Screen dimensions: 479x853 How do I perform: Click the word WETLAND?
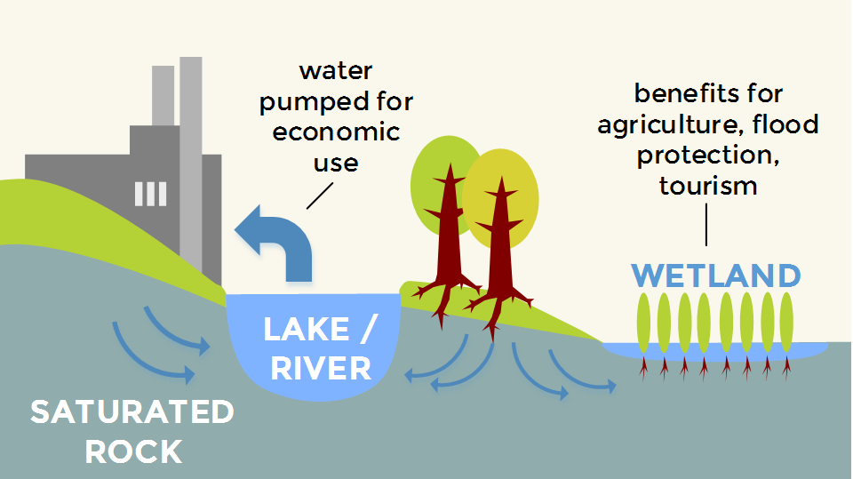(x=716, y=275)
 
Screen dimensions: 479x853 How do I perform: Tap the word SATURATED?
(x=132, y=412)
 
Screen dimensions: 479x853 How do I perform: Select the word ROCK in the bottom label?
(x=133, y=451)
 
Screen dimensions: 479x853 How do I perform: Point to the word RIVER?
(x=321, y=367)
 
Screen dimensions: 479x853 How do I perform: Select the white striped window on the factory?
(x=150, y=194)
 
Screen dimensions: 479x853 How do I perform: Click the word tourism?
(x=708, y=186)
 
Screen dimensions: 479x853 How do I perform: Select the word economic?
(x=336, y=132)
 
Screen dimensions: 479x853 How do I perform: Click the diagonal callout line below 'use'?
(x=318, y=195)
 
